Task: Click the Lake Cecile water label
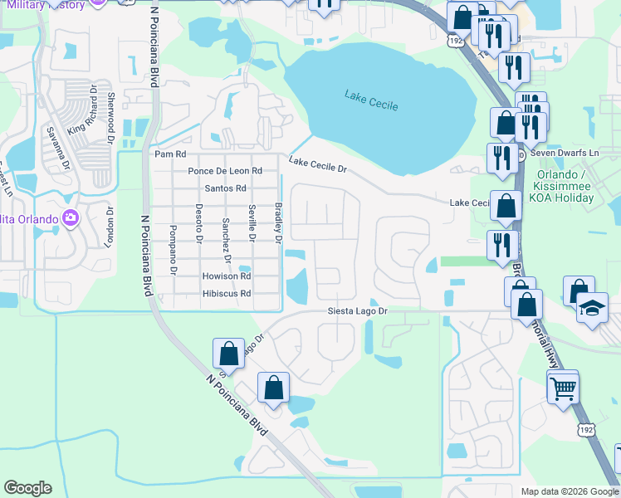pos(371,100)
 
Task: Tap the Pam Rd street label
pos(170,154)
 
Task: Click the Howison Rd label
pos(226,276)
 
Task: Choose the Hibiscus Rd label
pos(226,294)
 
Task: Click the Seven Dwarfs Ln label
pos(565,154)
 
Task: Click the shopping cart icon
pos(563,388)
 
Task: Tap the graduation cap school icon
pos(593,309)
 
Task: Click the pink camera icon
pos(70,218)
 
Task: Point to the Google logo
pos(27,488)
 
